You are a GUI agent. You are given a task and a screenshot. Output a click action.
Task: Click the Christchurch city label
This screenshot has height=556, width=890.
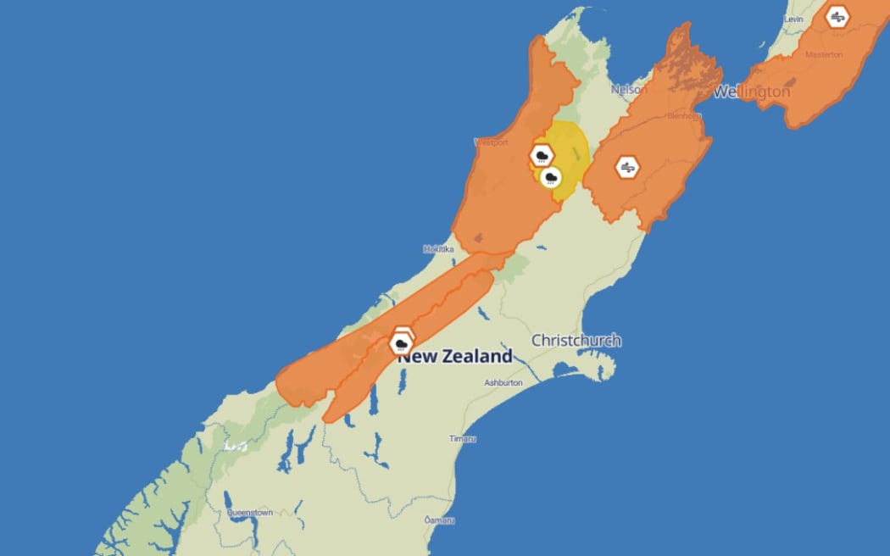pos(576,341)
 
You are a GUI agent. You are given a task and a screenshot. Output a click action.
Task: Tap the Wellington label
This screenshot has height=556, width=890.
pos(752,92)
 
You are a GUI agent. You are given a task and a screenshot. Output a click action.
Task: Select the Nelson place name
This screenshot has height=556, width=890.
pos(628,89)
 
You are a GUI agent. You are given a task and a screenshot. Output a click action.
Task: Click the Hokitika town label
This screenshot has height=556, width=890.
pos(438,249)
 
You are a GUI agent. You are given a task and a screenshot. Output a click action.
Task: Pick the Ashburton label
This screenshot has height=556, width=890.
pos(503,383)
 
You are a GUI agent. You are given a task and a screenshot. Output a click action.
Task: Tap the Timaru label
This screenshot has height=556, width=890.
pos(463,438)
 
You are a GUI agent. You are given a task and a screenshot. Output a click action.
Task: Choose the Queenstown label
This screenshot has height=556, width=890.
pos(249,513)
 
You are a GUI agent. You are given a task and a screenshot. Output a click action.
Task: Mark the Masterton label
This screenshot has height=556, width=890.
pos(825,55)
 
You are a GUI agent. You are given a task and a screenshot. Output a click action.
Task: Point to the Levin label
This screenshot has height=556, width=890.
pos(793,19)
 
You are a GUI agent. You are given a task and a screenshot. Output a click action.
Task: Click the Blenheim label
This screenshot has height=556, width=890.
pos(683,116)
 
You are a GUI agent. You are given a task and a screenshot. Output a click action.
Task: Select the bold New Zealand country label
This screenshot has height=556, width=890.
pos(456,357)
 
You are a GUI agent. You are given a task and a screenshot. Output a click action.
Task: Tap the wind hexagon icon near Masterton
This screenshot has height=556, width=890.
pos(837,17)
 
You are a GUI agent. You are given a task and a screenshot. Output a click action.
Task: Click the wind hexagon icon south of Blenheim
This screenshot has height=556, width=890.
pos(628,167)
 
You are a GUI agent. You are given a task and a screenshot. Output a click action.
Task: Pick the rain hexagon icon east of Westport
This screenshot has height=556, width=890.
pos(542,155)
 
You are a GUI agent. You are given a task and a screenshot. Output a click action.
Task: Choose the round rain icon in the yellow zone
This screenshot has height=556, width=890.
pos(551,177)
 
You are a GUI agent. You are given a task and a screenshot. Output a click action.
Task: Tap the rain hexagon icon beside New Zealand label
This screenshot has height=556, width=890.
pos(401,342)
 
